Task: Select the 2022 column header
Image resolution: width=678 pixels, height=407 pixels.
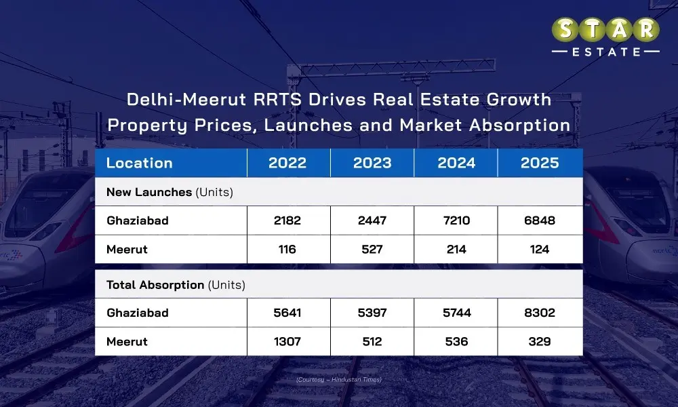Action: pos(287,163)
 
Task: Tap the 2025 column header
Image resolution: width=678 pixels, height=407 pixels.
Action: pos(540,163)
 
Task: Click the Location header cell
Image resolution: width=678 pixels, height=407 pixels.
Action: pos(140,163)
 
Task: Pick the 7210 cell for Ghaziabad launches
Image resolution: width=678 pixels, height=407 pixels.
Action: pos(456,220)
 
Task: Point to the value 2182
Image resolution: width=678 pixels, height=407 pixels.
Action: pos(287,220)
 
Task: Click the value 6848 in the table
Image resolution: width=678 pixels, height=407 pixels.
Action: pos(540,220)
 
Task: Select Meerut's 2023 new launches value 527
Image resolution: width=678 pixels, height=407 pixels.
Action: pos(372,249)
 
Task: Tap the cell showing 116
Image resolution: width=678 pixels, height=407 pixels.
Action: pos(287,249)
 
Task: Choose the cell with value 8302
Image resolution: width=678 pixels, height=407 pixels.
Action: pos(540,313)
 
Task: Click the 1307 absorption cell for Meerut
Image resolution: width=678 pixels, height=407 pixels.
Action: pos(287,341)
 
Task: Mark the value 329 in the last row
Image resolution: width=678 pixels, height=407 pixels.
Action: pos(540,341)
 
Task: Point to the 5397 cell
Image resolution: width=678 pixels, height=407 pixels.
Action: pos(372,313)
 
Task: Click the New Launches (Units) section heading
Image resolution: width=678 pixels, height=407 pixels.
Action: pos(169,192)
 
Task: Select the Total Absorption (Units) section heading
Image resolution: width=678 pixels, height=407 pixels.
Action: pos(176,285)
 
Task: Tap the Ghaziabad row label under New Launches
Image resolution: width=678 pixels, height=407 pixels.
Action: pos(138,220)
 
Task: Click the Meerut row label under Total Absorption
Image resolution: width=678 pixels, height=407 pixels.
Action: pos(127,341)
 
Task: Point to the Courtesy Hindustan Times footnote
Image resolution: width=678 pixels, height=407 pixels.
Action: pos(339,379)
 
